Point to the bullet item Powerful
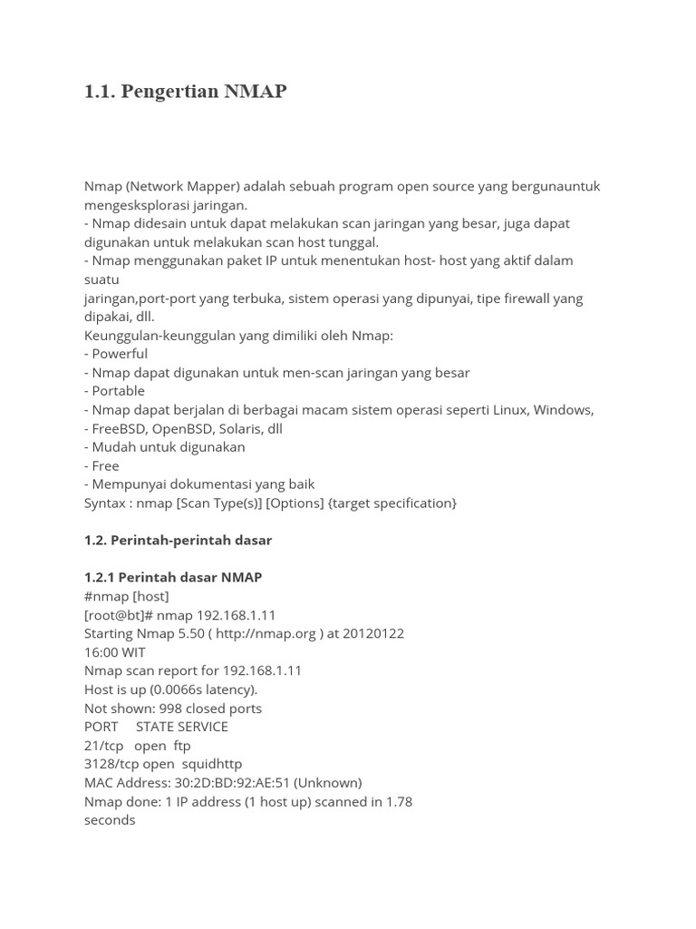[120, 354]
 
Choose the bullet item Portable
[118, 391]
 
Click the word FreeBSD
[119, 428]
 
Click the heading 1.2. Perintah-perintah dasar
[178, 540]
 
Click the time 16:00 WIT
[114, 651]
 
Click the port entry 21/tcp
[103, 745]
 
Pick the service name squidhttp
[210, 764]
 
